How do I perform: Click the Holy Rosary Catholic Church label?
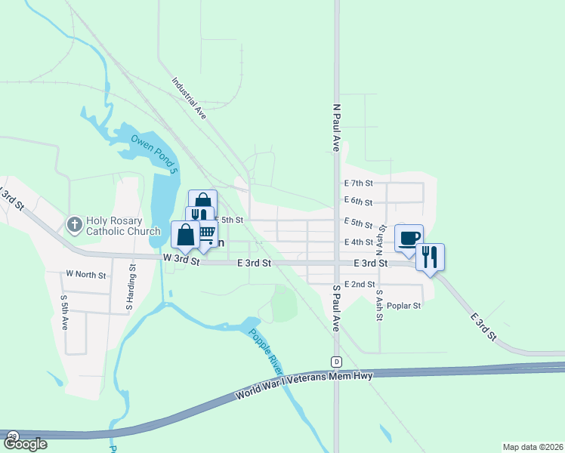pos(123,226)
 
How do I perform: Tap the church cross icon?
pos(74,224)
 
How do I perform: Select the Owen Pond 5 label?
pos(156,151)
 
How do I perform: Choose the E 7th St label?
pos(359,183)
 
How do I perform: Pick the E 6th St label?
pos(359,202)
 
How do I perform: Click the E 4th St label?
pos(359,242)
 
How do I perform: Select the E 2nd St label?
pos(360,285)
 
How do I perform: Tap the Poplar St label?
pos(403,306)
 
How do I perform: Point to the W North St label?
pos(86,275)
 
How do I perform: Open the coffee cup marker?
pos(409,238)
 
